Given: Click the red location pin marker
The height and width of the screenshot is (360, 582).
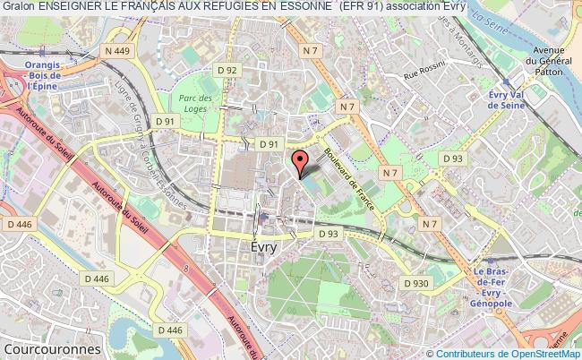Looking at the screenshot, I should [301, 163].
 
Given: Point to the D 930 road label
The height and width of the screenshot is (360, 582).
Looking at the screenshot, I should [418, 283].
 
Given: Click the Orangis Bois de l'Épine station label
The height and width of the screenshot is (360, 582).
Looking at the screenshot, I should [21, 75].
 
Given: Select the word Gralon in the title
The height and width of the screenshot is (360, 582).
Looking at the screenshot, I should [18, 8].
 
